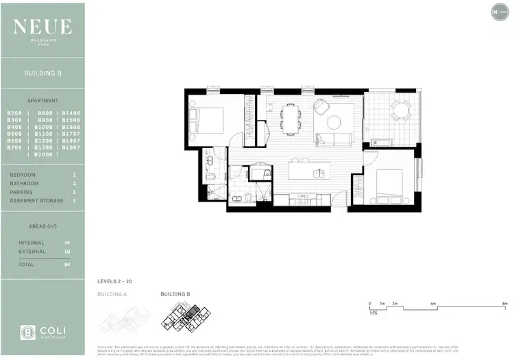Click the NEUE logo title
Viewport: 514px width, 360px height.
point(42,26)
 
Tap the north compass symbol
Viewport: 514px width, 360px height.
point(495,11)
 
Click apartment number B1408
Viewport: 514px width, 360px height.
point(71,112)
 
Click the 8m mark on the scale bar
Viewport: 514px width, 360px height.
point(504,302)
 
